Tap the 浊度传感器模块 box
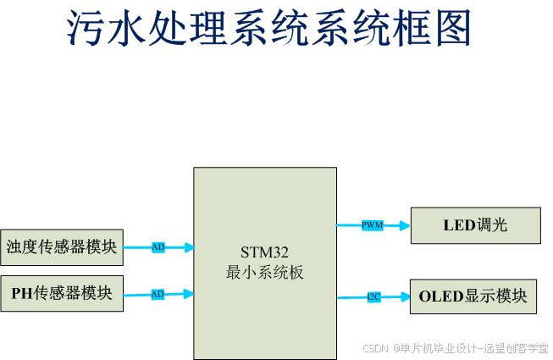tap(61, 247)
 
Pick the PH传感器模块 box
tap(61, 293)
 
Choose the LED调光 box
tap(474, 225)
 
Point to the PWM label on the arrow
tap(372, 225)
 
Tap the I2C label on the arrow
tap(373, 297)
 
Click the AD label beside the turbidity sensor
tap(158, 247)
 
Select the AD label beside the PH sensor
tap(158, 294)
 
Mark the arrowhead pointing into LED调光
tap(405, 225)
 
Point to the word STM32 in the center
tap(264, 253)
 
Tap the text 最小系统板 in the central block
tap(264, 274)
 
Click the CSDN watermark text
tap(374, 348)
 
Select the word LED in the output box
tap(456, 225)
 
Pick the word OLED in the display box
tap(438, 296)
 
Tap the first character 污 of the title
tap(86, 31)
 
